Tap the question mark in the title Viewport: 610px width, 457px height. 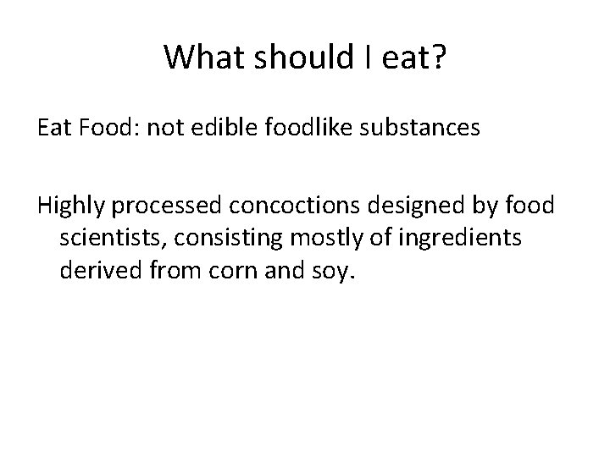point(435,58)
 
